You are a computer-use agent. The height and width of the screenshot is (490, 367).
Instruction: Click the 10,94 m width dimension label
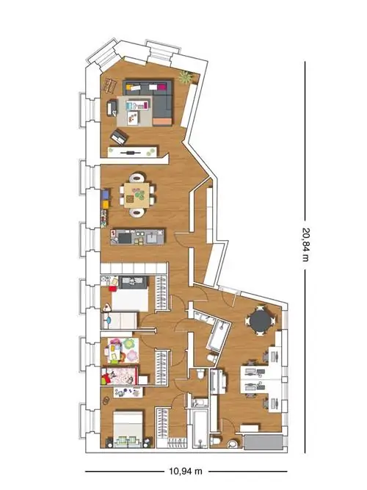click(x=186, y=471)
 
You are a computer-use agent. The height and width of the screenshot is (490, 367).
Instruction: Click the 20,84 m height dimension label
click(x=306, y=245)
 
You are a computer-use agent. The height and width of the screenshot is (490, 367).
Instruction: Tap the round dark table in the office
click(x=260, y=320)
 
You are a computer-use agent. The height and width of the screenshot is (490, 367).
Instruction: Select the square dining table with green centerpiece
click(x=137, y=195)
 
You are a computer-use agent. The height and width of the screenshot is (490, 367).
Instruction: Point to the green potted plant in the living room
click(x=185, y=77)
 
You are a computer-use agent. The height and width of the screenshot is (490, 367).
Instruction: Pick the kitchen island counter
click(x=137, y=237)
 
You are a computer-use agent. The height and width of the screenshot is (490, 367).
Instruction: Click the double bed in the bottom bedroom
click(x=128, y=429)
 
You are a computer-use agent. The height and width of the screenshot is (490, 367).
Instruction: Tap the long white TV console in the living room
click(x=132, y=152)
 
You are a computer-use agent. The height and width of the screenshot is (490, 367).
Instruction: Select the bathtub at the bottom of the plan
click(x=200, y=429)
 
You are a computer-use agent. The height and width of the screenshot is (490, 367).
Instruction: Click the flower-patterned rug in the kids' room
click(x=123, y=350)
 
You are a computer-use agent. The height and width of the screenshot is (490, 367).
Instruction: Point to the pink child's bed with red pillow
click(x=120, y=375)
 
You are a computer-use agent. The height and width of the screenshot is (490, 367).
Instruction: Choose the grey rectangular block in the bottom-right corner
click(x=264, y=442)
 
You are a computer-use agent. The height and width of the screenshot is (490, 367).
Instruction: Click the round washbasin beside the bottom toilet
click(x=232, y=444)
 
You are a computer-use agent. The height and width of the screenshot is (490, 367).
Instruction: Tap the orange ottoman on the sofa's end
click(x=163, y=121)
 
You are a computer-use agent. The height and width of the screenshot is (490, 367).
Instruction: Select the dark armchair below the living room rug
click(x=119, y=137)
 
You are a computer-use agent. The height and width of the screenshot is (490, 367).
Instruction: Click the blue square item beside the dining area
click(x=106, y=195)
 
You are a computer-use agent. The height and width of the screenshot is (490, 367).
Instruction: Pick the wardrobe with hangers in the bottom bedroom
click(x=162, y=422)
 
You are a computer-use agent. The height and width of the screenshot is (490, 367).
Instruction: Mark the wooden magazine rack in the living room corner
click(x=110, y=85)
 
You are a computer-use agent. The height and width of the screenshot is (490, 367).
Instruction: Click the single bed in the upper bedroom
click(x=120, y=320)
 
